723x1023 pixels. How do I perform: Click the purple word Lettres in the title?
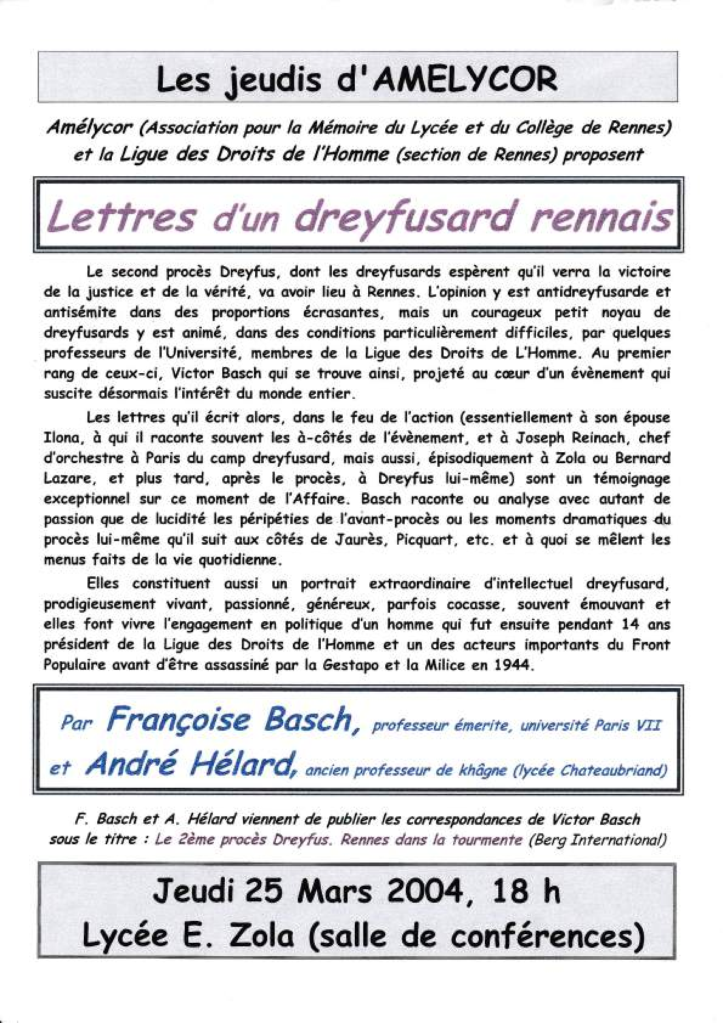(x=122, y=216)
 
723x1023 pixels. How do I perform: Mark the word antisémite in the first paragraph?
(x=80, y=313)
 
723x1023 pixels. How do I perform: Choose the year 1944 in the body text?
(x=515, y=665)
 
